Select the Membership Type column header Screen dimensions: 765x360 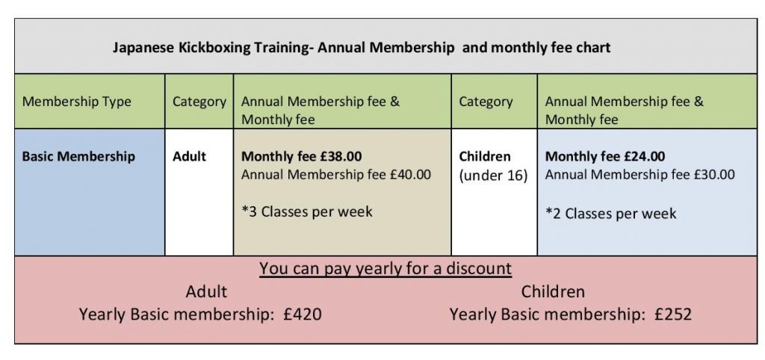click(77, 102)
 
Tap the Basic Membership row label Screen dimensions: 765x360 click(78, 156)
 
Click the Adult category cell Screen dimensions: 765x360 click(189, 157)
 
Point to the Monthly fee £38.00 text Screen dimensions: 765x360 click(302, 157)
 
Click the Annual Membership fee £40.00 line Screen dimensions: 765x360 click(336, 174)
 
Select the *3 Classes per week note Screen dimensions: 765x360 click(307, 211)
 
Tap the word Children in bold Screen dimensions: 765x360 click(485, 157)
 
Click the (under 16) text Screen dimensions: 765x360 click(493, 176)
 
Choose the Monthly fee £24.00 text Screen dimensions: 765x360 click(605, 157)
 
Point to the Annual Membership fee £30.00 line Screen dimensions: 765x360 click(639, 174)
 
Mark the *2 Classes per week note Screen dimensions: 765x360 click(611, 214)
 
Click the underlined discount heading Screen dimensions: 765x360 click(385, 269)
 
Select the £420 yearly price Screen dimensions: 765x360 click(303, 314)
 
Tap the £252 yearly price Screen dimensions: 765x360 click(673, 314)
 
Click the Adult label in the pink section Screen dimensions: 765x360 click(206, 292)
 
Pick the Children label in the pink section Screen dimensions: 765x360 click(553, 292)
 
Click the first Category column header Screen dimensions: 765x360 click(199, 102)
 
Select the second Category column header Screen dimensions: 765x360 click(486, 102)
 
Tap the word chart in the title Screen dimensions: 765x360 click(592, 48)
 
